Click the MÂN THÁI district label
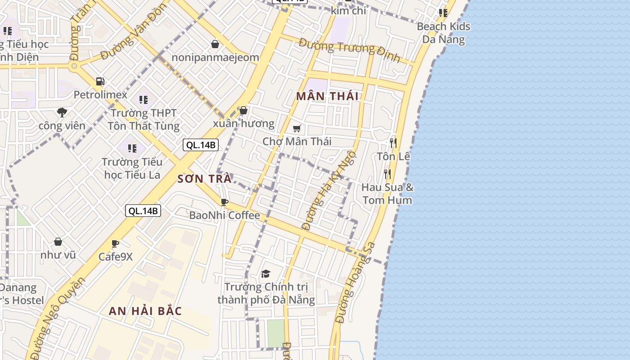click(x=327, y=96)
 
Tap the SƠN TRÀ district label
click(x=204, y=179)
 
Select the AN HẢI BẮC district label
click(x=145, y=311)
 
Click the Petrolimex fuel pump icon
click(x=100, y=81)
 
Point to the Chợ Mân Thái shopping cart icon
click(x=297, y=129)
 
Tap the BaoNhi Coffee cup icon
click(x=224, y=202)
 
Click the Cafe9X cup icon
click(x=115, y=244)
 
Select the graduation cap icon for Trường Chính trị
click(x=266, y=274)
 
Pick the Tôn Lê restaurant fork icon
click(x=393, y=143)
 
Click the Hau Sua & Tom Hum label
click(x=387, y=193)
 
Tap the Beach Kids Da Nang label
click(x=443, y=33)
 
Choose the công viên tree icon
click(x=62, y=112)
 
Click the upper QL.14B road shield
click(x=201, y=145)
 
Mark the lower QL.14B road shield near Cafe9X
click(x=143, y=211)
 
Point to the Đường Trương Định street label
click(x=349, y=50)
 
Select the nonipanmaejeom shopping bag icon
click(x=215, y=44)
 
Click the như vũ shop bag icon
click(x=58, y=242)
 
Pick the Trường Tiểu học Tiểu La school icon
click(x=132, y=148)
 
